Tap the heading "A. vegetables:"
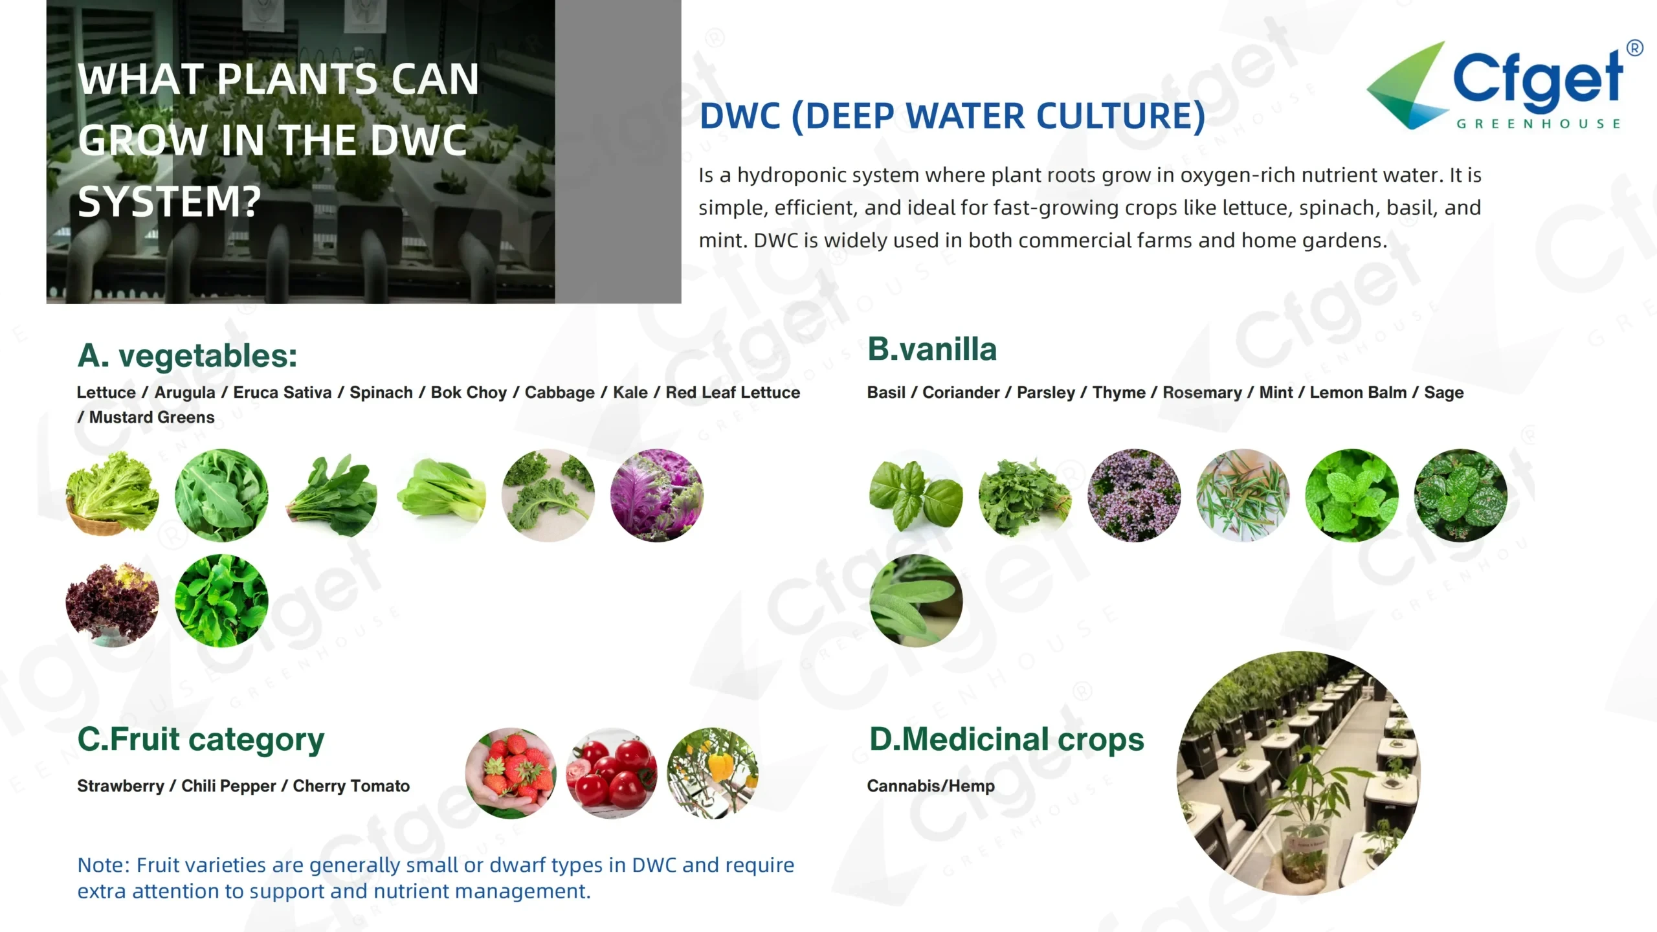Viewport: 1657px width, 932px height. (x=187, y=355)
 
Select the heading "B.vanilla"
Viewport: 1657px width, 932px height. (x=932, y=349)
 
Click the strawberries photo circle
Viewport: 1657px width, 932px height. (x=511, y=773)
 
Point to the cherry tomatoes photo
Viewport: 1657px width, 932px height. (x=612, y=773)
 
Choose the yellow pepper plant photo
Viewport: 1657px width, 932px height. (x=713, y=773)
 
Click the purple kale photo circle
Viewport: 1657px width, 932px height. (x=657, y=495)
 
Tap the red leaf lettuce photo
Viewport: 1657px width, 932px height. (x=113, y=601)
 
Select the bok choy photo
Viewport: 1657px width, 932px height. (x=440, y=495)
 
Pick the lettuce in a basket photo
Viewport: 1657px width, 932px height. (x=113, y=495)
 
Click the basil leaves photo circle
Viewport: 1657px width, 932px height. (x=916, y=495)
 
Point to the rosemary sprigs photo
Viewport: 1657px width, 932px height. (x=1243, y=495)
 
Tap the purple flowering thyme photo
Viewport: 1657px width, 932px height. (x=1134, y=495)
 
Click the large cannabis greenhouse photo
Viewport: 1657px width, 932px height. (x=1298, y=773)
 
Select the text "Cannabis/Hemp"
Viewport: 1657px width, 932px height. (x=931, y=786)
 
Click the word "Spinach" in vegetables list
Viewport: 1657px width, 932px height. (x=381, y=393)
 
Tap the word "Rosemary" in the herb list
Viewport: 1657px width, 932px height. (x=1202, y=393)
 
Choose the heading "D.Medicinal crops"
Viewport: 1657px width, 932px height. (x=1006, y=739)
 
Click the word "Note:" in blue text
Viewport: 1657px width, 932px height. (x=104, y=865)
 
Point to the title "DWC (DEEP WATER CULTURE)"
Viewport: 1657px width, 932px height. (x=953, y=116)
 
